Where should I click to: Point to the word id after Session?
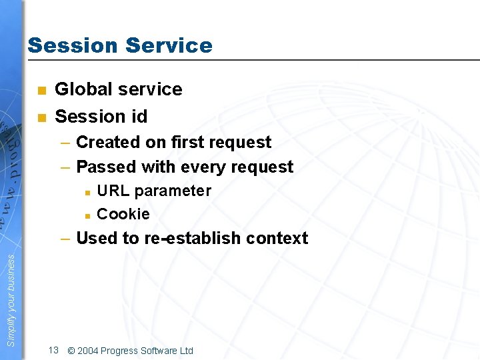coord(139,117)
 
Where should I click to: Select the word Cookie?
coord(123,214)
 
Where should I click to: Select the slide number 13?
coord(54,350)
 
